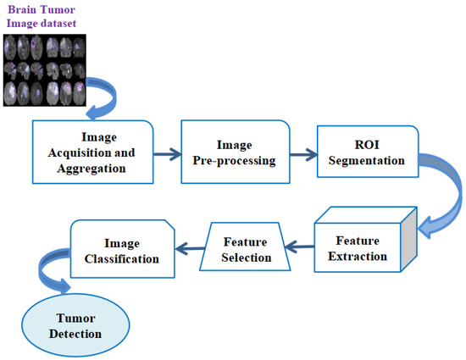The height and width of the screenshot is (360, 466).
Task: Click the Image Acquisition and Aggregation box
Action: (x=94, y=153)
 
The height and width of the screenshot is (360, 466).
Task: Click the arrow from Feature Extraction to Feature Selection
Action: (x=300, y=246)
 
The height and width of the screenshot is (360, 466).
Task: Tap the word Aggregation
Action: (x=94, y=168)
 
